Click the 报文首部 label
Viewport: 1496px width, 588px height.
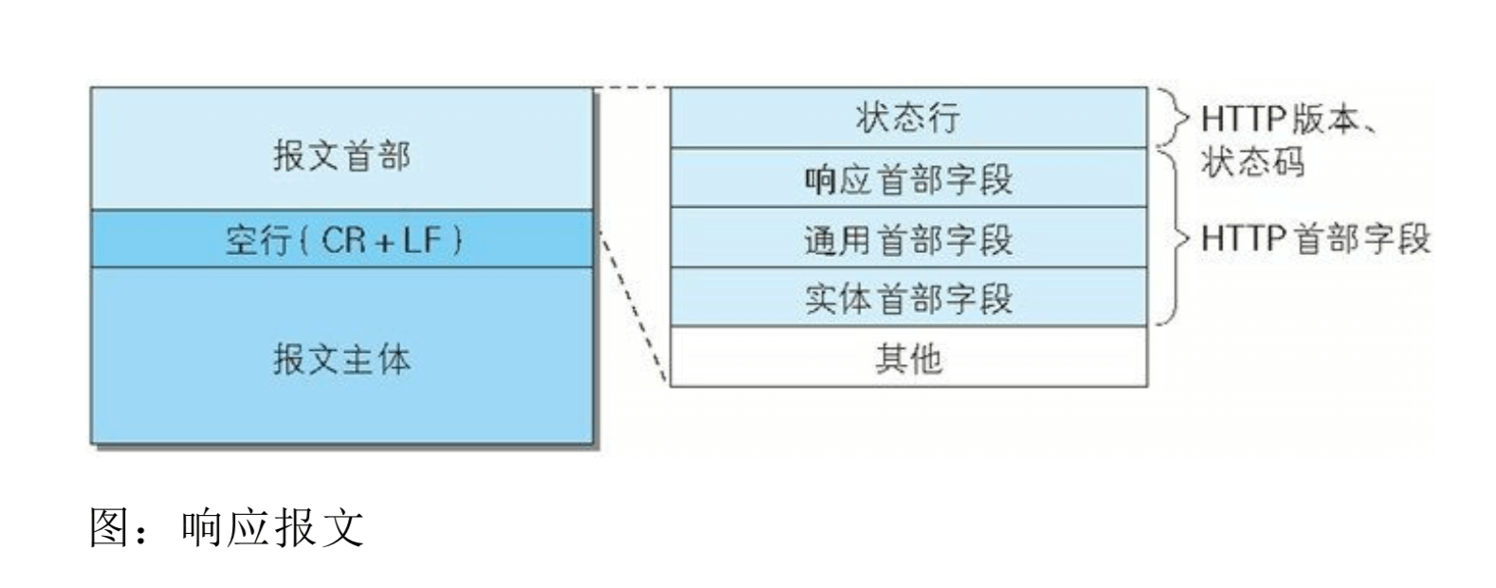pos(341,156)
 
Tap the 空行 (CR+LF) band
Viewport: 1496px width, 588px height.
pos(341,239)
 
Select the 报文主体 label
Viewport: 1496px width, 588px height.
pos(341,359)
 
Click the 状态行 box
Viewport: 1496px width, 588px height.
pos(908,118)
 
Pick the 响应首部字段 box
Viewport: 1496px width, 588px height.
pos(908,178)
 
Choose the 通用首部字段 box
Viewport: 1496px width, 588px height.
pos(908,238)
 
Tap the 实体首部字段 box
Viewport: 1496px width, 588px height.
pos(908,298)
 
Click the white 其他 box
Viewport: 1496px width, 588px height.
pos(908,358)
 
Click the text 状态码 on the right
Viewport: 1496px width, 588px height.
pos(1252,162)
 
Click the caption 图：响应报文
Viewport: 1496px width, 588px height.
pos(227,528)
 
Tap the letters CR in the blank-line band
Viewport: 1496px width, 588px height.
pos(343,239)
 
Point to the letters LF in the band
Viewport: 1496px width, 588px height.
pos(423,239)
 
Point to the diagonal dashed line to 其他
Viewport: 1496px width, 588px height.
pos(633,308)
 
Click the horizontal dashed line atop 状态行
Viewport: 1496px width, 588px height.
pos(631,88)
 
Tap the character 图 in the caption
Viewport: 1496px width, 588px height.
pos(111,528)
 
